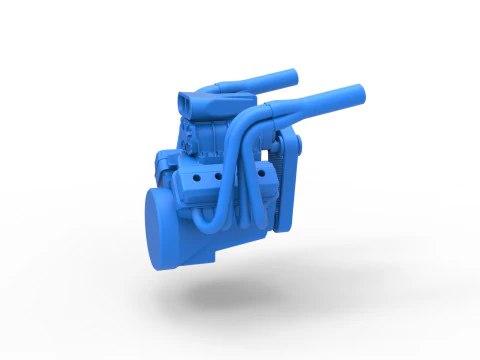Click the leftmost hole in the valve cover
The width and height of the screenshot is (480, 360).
coord(200,176)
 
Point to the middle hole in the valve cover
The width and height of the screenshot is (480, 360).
coord(212,175)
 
